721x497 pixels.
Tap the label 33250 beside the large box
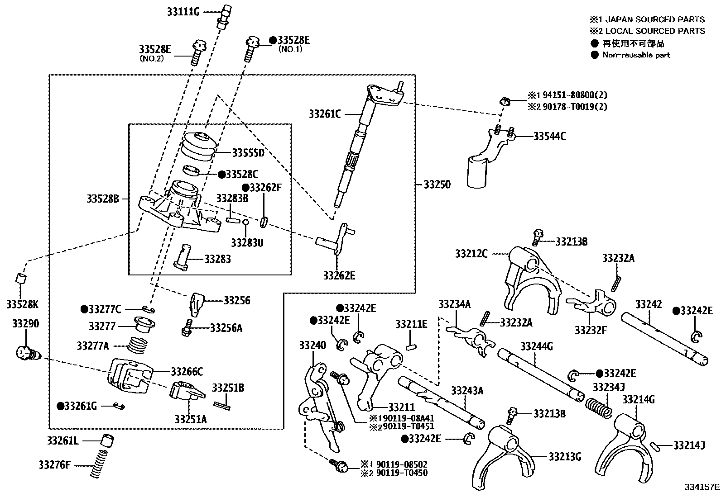tap(437, 185)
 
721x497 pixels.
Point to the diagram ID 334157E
tap(702, 487)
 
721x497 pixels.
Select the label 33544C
tap(549, 136)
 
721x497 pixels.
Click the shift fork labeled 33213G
tap(505, 457)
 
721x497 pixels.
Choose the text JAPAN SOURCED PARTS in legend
tap(655, 19)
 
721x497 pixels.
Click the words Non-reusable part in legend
tap(636, 55)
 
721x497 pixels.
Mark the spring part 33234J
tap(600, 406)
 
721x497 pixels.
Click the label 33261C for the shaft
tap(325, 114)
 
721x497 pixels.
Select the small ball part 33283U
tap(245, 222)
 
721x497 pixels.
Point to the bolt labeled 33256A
tap(187, 328)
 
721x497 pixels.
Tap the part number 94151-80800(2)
tap(572, 95)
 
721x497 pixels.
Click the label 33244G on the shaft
tap(536, 347)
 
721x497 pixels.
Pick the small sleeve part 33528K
tap(20, 278)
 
